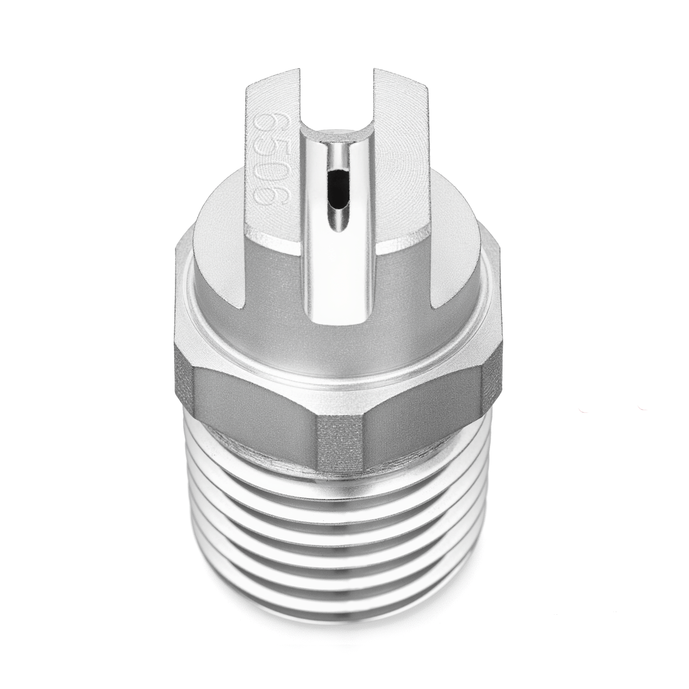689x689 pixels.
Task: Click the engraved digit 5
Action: tap(270, 150)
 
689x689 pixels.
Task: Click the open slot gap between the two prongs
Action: tap(337, 93)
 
